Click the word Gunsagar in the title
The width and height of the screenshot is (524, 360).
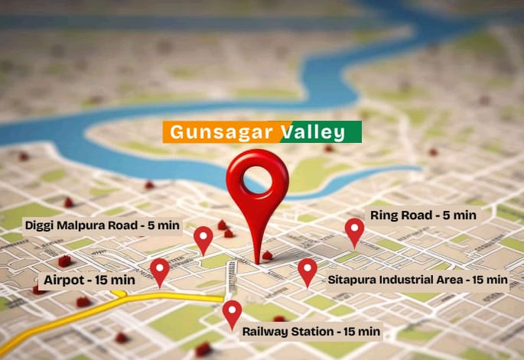pos(221,132)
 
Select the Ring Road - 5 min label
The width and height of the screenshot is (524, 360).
pos(423,215)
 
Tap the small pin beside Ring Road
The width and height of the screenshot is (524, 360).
pos(354,229)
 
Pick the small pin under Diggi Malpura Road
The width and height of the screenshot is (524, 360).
pos(203,238)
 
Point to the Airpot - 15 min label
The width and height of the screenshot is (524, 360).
pos(90,280)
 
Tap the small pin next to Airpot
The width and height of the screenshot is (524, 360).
pos(159,270)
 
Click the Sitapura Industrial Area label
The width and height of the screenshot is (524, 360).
pos(418,280)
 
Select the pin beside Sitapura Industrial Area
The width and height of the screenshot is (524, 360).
pos(307,270)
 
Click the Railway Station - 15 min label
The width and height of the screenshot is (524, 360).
pos(311,332)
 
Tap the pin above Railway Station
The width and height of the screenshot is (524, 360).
pos(232,312)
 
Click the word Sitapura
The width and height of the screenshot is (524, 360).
pos(351,280)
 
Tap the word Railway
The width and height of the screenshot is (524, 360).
pos(264,332)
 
